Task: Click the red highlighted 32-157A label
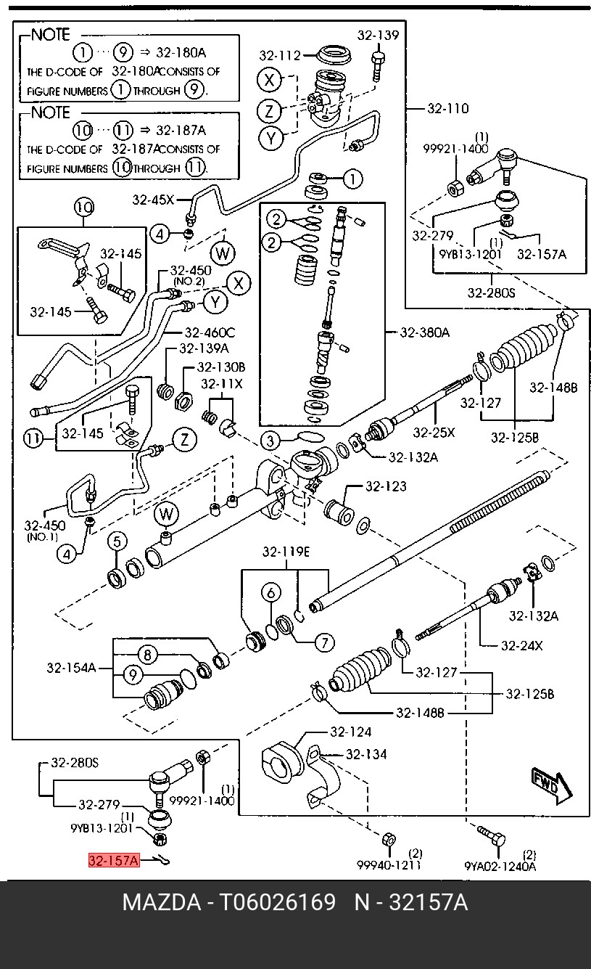(x=113, y=861)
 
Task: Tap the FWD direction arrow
(x=550, y=785)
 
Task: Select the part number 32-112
(x=280, y=55)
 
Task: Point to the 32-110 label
(x=447, y=109)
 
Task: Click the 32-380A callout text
(x=424, y=332)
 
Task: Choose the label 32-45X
(x=153, y=200)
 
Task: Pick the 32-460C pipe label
(x=210, y=333)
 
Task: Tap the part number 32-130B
(x=220, y=367)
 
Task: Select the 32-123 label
(x=386, y=486)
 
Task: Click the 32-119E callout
(x=286, y=552)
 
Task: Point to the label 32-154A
(x=71, y=668)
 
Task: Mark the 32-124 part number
(x=350, y=732)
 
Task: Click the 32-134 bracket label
(x=366, y=754)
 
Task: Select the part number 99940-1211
(x=388, y=865)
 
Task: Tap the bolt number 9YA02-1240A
(x=500, y=865)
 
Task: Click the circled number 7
(x=323, y=642)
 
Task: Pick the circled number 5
(x=117, y=541)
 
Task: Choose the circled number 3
(x=270, y=440)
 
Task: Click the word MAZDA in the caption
(x=161, y=903)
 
